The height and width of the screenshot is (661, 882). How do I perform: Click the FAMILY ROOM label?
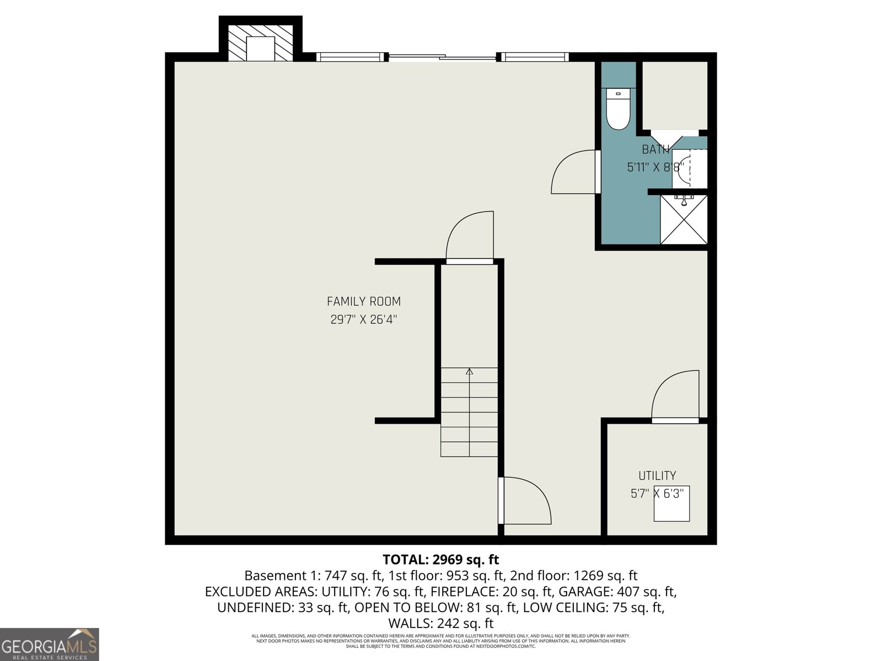[363, 301]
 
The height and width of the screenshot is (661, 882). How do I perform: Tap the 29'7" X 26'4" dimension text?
[363, 319]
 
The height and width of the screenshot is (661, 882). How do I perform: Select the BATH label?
[655, 149]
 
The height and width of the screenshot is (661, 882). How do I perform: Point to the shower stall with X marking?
[684, 219]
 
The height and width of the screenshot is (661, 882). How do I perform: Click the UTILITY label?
[657, 475]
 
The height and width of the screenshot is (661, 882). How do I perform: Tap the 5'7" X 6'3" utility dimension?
[657, 494]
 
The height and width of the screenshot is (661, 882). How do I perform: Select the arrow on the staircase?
[469, 372]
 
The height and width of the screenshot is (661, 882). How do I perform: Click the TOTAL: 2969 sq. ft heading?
[440, 560]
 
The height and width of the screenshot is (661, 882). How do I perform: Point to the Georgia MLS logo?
[50, 644]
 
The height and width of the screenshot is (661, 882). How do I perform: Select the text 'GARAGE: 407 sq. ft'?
[617, 592]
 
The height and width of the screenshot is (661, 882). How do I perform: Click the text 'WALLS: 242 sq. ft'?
[440, 624]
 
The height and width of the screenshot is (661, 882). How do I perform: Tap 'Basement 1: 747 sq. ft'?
[313, 576]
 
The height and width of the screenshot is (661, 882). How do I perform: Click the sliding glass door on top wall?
[443, 56]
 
